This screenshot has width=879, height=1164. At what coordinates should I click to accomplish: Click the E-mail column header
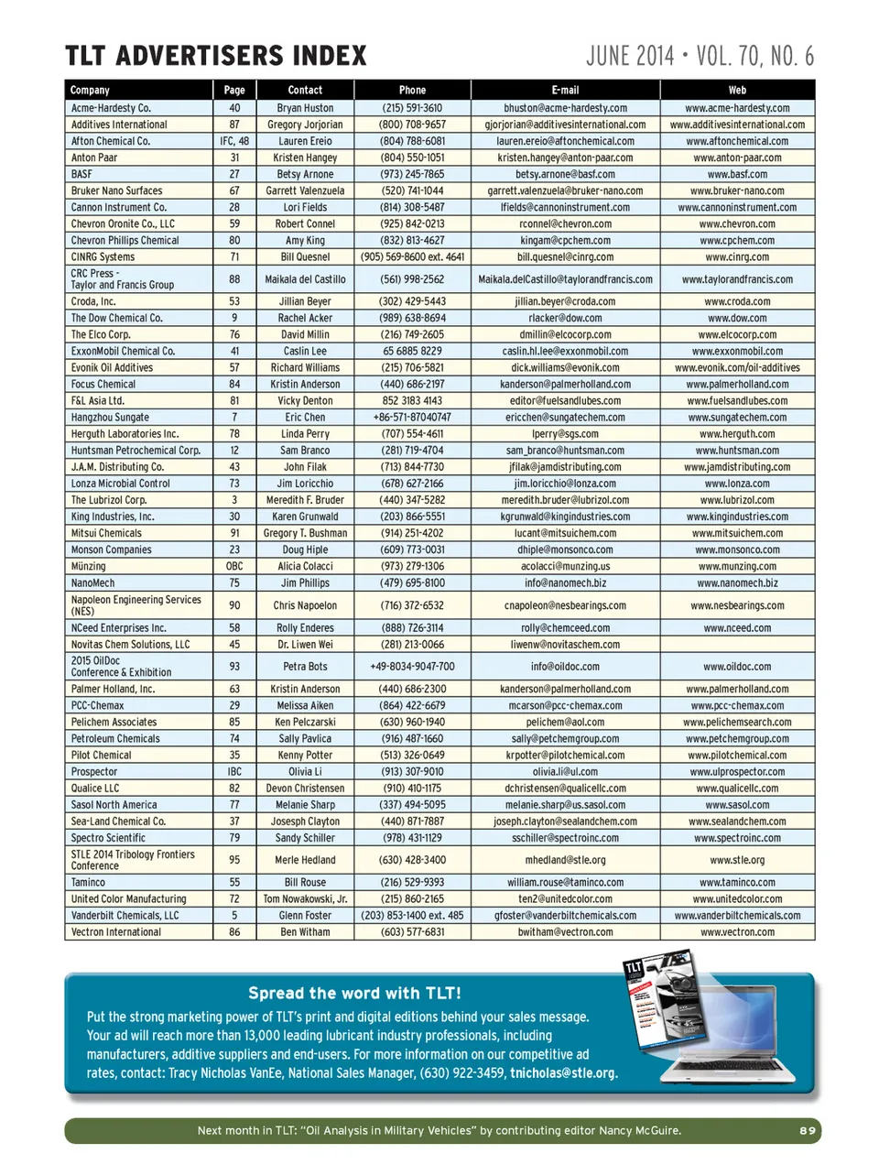(565, 90)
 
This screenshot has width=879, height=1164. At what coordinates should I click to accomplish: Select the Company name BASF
(82, 174)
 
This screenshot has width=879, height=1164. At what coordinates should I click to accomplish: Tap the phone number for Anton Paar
(412, 158)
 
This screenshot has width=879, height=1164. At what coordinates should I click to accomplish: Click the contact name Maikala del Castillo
(305, 279)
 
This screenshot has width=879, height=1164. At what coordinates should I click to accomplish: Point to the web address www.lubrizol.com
(737, 500)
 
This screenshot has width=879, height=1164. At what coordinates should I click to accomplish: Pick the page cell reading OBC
(234, 566)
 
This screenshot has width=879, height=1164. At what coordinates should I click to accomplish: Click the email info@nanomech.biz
(565, 582)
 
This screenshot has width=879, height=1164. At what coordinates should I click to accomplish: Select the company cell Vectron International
(116, 932)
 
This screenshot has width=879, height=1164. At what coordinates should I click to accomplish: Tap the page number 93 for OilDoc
(234, 667)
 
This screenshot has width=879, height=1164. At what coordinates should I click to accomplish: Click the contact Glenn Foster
(305, 915)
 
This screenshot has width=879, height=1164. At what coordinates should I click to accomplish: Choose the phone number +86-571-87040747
(412, 418)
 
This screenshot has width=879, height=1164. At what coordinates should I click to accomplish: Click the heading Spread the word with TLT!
(354, 993)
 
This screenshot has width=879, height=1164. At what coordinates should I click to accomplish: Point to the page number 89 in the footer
(807, 1131)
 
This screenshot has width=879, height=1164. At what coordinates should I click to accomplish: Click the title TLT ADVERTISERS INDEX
(216, 57)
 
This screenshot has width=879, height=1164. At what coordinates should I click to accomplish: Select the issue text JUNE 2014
(630, 57)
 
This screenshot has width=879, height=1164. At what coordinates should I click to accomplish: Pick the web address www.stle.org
(737, 860)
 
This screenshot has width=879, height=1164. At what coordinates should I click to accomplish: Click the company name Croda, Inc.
(93, 301)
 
